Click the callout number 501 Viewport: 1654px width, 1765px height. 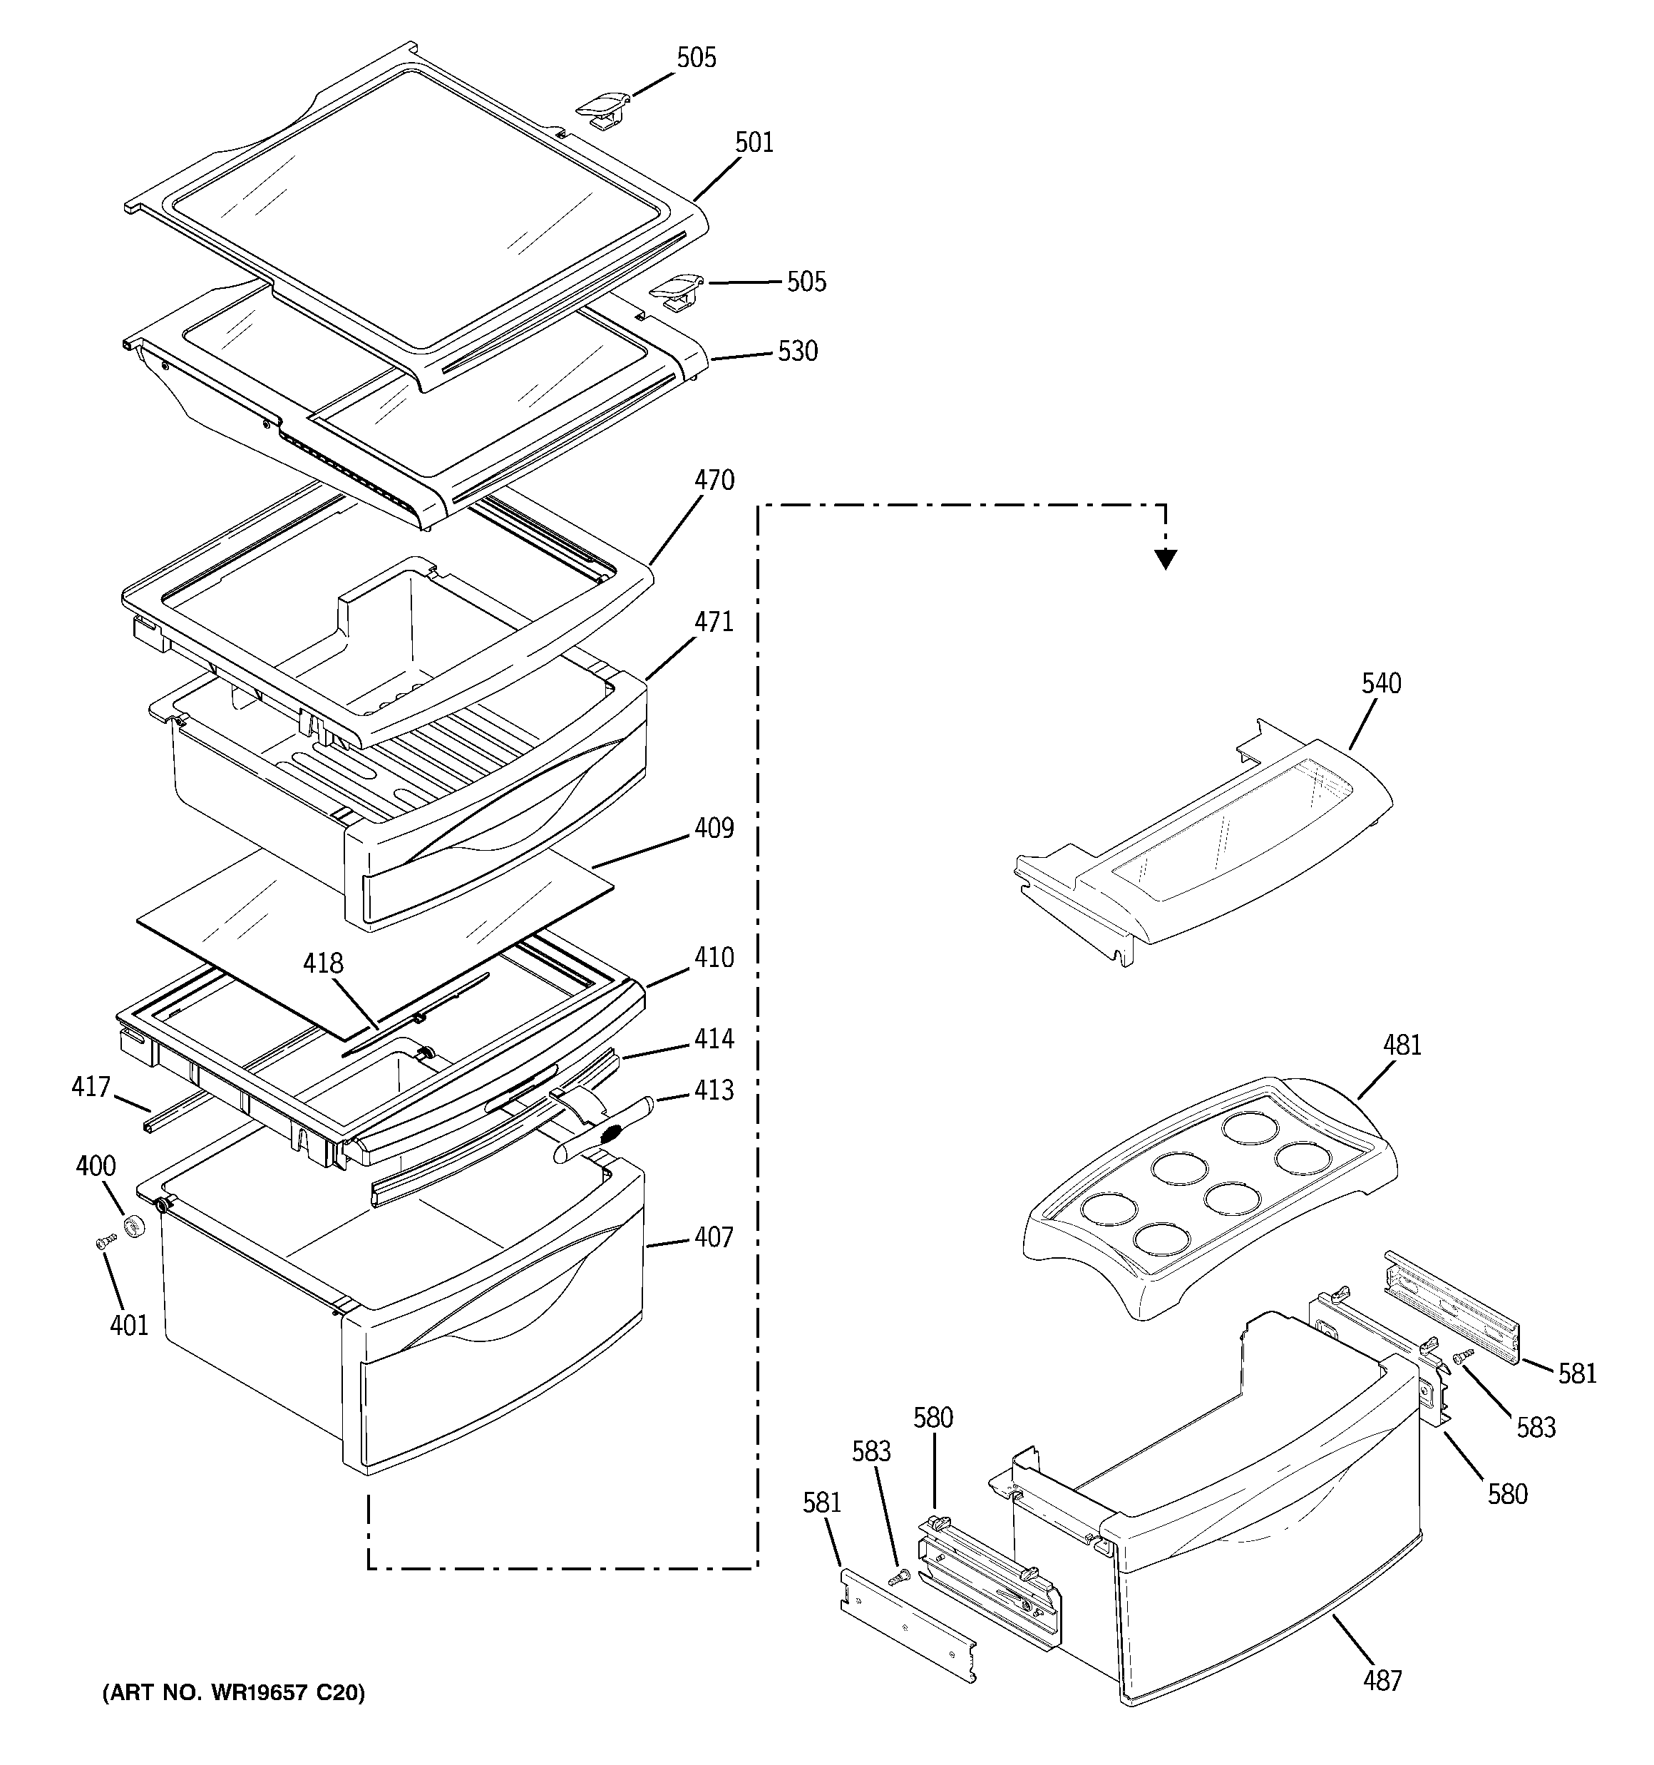pos(754,143)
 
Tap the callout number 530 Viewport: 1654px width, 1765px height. pos(797,352)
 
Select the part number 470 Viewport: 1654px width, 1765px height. pos(714,481)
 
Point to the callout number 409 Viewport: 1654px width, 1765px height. pos(714,829)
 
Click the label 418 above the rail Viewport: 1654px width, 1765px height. pos(323,963)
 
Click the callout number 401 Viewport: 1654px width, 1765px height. pos(129,1326)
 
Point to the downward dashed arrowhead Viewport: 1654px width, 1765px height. pos(1166,559)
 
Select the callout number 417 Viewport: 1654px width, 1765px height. pos(91,1088)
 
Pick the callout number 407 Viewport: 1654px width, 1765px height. pos(714,1237)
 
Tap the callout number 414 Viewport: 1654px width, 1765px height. pos(714,1039)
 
